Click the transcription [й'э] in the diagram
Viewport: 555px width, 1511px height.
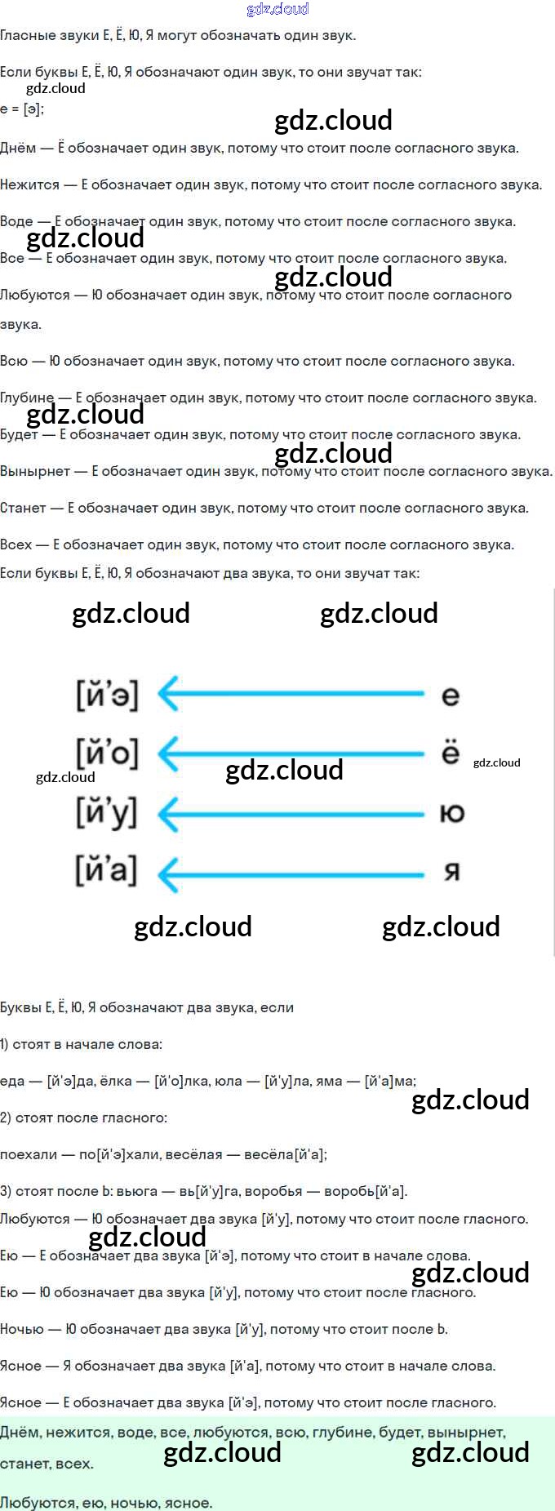(x=107, y=696)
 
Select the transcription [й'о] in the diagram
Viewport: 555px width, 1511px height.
(x=107, y=753)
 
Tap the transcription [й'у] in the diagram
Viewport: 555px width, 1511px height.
(x=107, y=812)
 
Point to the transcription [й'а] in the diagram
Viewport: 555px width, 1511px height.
(x=107, y=870)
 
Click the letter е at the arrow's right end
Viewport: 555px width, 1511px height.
(x=451, y=696)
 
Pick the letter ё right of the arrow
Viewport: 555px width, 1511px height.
(x=451, y=753)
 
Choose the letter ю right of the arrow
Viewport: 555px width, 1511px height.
(x=451, y=813)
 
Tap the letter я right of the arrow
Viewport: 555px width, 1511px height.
(x=451, y=872)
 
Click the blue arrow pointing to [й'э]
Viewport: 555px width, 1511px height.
(x=291, y=695)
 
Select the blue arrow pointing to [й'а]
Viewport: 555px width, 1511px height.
(x=291, y=874)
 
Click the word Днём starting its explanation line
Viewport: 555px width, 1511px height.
(x=18, y=148)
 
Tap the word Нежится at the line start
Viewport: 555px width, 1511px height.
(x=29, y=184)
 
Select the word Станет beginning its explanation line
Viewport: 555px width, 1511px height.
(x=23, y=508)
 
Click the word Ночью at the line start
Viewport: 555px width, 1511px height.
(x=22, y=1329)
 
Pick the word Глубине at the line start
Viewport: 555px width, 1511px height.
(x=27, y=398)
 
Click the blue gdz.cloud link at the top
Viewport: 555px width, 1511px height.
(x=277, y=9)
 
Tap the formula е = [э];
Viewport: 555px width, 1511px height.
(x=22, y=109)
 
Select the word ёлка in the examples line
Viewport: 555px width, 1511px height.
(x=115, y=1081)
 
